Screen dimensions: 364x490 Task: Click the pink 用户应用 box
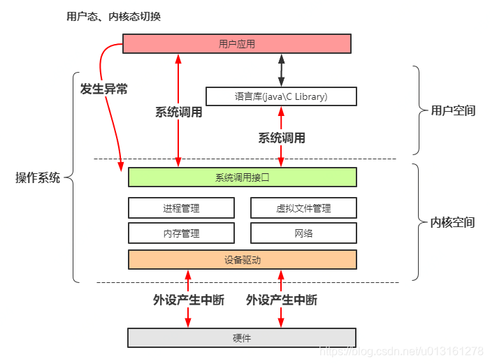point(236,44)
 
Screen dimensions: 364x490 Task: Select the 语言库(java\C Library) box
point(281,96)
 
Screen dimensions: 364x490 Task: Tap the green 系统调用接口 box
point(242,177)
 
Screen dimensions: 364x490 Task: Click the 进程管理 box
point(181,208)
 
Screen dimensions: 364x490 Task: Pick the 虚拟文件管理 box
point(303,208)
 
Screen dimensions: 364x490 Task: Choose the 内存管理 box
point(181,233)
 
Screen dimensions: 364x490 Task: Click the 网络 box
point(303,233)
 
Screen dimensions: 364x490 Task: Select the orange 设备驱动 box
point(242,259)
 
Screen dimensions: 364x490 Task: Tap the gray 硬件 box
point(242,337)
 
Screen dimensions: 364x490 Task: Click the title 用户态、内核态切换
point(113,16)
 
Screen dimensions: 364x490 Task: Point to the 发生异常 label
point(104,89)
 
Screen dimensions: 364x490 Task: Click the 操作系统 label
point(38,177)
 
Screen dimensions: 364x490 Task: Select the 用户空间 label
point(453,110)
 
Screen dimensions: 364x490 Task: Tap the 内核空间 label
point(453,222)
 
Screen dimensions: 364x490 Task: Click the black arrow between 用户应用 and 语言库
point(282,70)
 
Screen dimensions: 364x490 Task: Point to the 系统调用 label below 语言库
point(282,138)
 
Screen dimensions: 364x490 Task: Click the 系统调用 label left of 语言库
point(178,112)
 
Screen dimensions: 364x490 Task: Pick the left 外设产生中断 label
point(188,300)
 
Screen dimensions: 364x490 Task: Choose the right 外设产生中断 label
point(282,300)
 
